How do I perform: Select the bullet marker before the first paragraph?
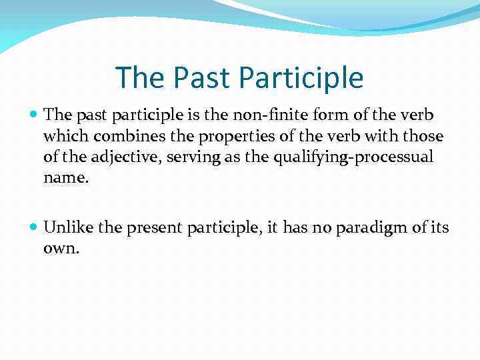[x=35, y=115]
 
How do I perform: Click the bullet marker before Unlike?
[x=35, y=228]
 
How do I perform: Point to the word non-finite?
[x=257, y=115]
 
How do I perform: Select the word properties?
[x=215, y=136]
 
